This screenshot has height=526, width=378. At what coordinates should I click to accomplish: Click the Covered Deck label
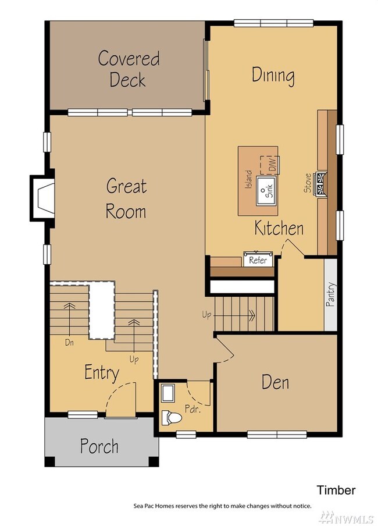coord(129,69)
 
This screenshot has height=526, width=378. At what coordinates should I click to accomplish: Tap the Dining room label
coord(273,76)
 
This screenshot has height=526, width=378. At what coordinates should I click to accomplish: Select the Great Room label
coord(126,198)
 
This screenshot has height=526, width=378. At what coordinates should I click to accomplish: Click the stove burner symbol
coord(320,184)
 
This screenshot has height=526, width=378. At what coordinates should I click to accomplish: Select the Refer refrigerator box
coord(258,259)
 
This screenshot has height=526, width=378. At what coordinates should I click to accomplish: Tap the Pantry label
coord(330,294)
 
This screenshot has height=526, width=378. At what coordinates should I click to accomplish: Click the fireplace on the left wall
coord(42,198)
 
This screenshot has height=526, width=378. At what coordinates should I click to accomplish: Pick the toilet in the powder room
coord(172,418)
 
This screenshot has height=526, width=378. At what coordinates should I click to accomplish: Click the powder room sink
coord(167,393)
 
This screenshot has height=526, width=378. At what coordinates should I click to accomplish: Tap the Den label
coord(275,382)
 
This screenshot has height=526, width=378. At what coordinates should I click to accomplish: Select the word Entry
coord(102,372)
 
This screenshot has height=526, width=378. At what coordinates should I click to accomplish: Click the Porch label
coord(99,446)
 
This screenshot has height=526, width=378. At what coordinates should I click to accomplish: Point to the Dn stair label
coord(69,343)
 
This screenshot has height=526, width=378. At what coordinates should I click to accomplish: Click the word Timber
coord(336,490)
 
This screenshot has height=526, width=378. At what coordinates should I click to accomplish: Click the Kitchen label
coord(279,228)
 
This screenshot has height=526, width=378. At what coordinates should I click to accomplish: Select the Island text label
coord(248,179)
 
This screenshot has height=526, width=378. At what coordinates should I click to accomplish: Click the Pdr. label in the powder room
coord(192,409)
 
